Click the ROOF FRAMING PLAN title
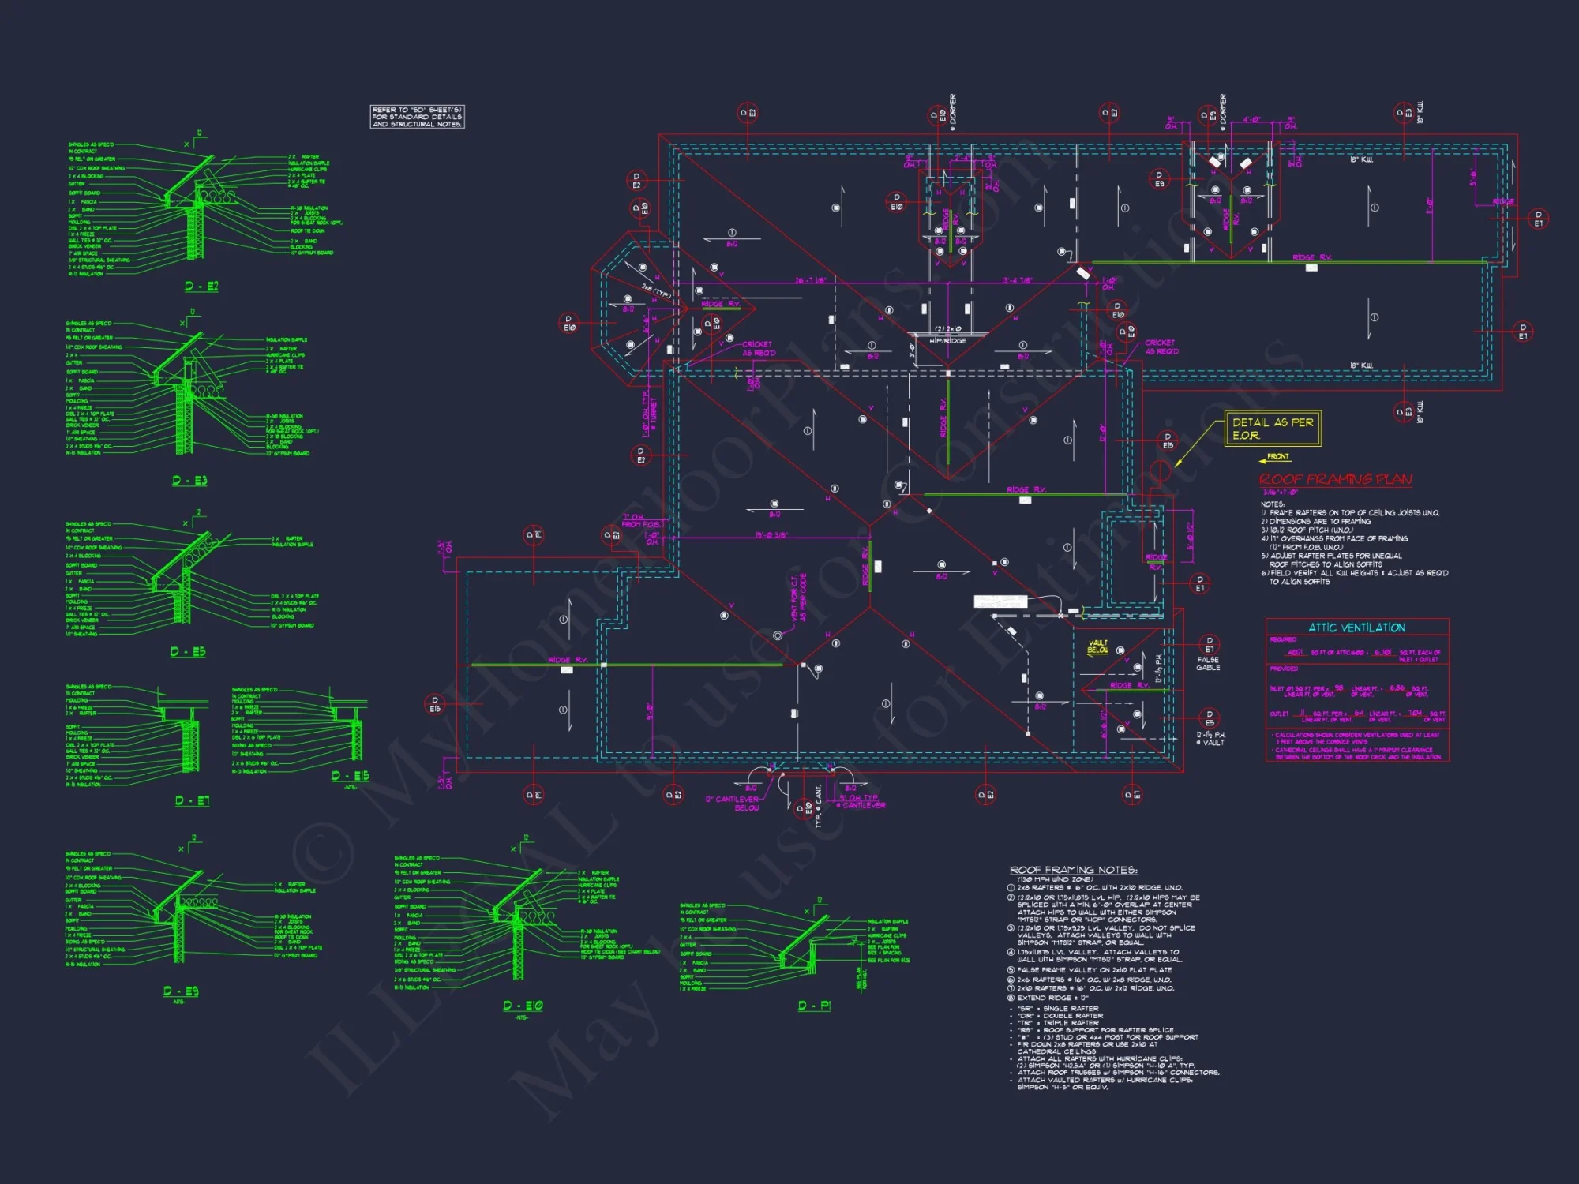[x=1335, y=479]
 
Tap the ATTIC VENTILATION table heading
[x=1356, y=628]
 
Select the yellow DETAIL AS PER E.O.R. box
[x=1272, y=429]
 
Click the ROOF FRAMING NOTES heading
[x=1073, y=870]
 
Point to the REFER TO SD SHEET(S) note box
[x=417, y=117]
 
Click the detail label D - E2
[x=201, y=287]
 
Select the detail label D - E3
[x=189, y=481]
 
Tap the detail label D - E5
[x=188, y=652]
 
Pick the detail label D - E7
[x=192, y=800]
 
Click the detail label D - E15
[x=350, y=776]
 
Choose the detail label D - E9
[x=181, y=991]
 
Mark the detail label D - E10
[x=523, y=1006]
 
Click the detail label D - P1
[x=814, y=1006]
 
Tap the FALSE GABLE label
[x=1208, y=664]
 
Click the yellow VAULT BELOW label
[x=1098, y=646]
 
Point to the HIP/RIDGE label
[x=947, y=340]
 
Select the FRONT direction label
[x=1277, y=457]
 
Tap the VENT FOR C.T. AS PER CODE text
[x=798, y=598]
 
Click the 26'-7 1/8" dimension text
[x=809, y=280]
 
